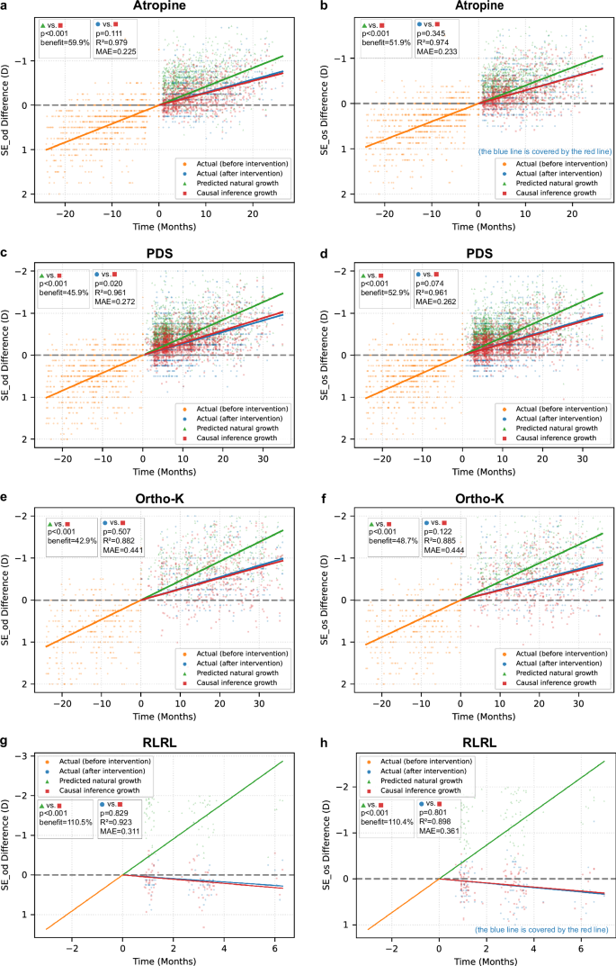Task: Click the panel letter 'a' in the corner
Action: click(x=4, y=6)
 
